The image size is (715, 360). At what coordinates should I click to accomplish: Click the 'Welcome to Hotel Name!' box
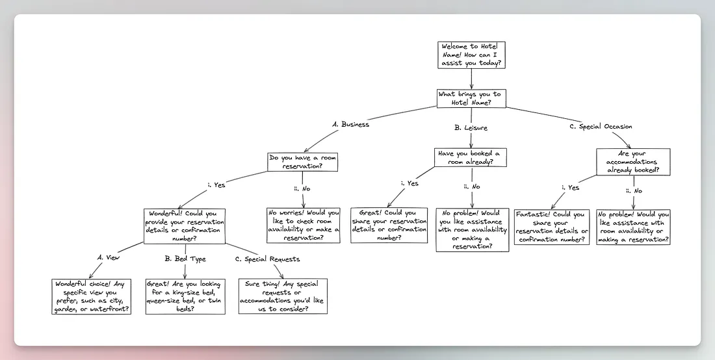click(x=472, y=55)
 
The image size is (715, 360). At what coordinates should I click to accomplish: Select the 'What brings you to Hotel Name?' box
click(x=472, y=98)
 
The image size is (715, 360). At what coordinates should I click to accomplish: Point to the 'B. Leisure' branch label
click(x=471, y=128)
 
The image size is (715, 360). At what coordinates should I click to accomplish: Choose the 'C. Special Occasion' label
click(x=600, y=127)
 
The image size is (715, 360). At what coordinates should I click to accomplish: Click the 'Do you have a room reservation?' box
click(x=304, y=162)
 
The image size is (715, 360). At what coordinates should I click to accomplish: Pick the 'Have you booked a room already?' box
click(x=471, y=157)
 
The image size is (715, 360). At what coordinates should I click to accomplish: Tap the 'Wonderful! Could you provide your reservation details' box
click(x=185, y=225)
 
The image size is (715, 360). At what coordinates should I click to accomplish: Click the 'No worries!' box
click(x=304, y=225)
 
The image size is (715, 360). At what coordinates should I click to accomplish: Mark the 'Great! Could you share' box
click(x=389, y=225)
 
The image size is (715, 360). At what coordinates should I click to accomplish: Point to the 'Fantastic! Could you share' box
click(x=552, y=227)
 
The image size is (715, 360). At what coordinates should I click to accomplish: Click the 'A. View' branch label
click(x=109, y=257)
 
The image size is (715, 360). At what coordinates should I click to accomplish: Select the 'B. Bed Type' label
click(x=185, y=259)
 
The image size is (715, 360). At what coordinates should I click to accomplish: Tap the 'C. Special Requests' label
click(x=268, y=259)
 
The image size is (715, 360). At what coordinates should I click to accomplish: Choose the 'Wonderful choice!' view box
click(x=91, y=296)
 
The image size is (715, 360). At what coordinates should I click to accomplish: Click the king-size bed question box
click(x=185, y=296)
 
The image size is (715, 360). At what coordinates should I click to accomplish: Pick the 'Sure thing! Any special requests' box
click(x=283, y=296)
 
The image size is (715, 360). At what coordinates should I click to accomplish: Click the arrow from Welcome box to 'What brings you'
click(x=472, y=79)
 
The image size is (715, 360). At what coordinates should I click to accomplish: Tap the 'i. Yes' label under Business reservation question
click(x=216, y=185)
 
